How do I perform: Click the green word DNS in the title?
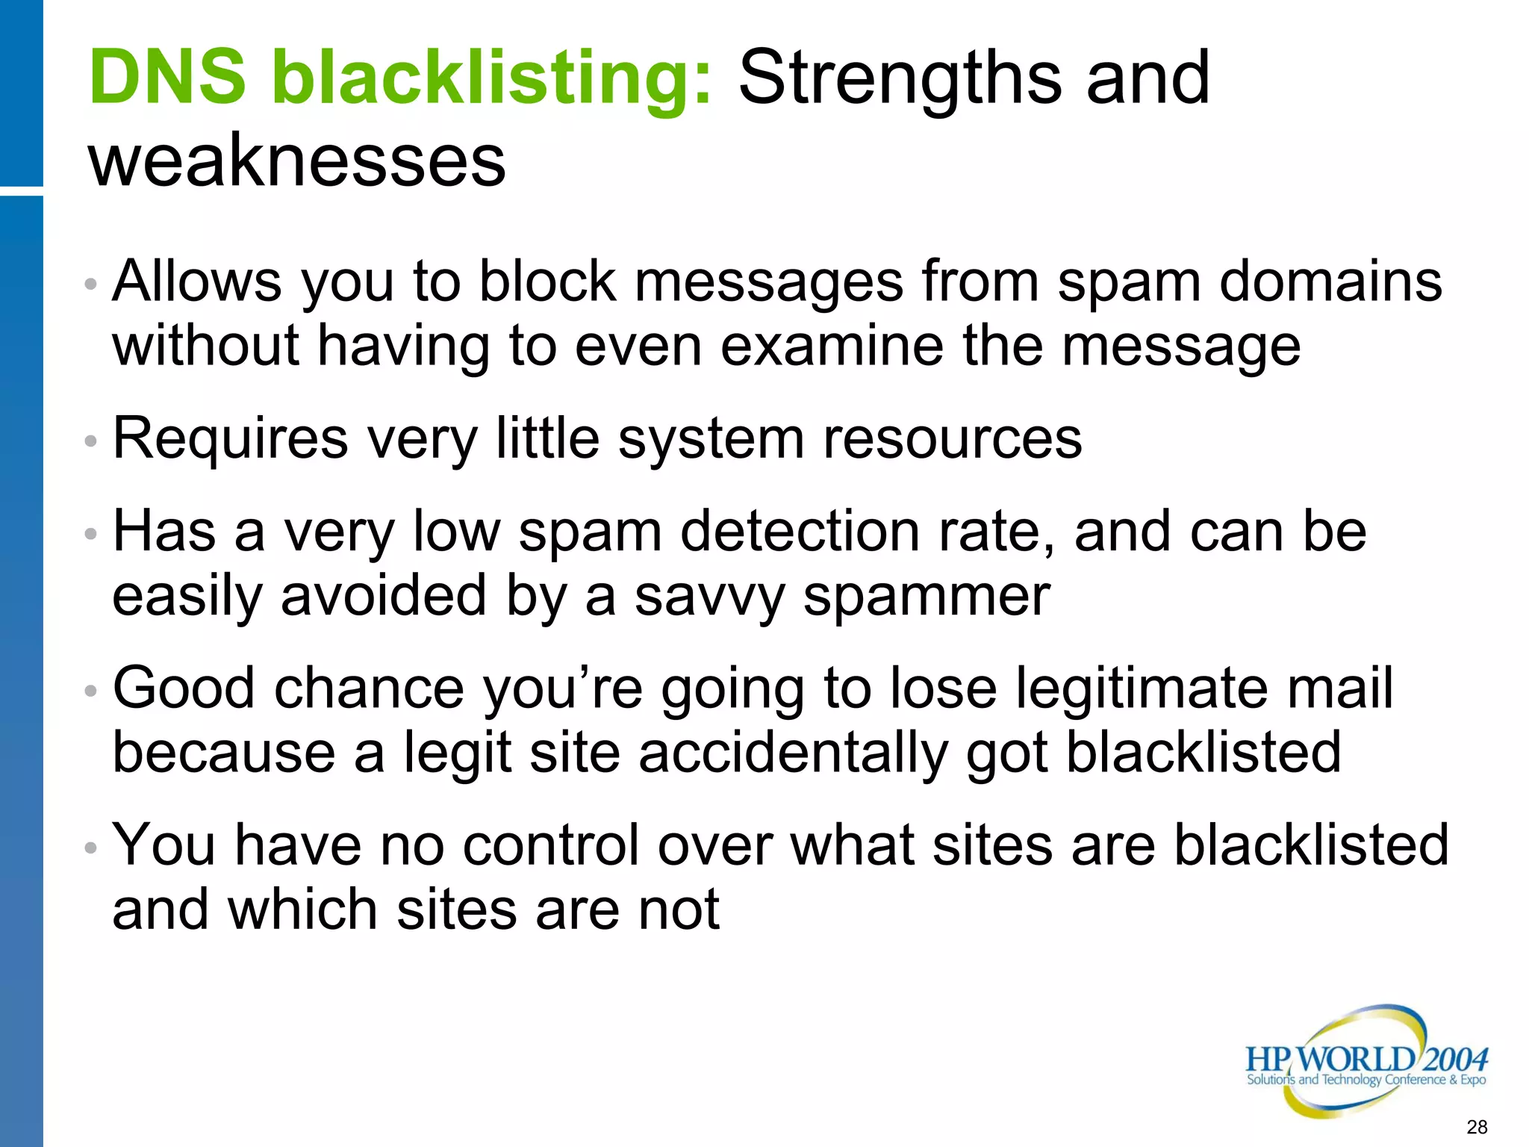click(166, 78)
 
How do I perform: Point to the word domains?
click(1330, 282)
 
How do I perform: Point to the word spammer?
click(927, 597)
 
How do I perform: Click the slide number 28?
click(1477, 1127)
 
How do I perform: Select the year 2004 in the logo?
click(1455, 1059)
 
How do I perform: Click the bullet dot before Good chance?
click(91, 691)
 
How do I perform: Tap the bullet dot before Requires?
click(91, 441)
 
